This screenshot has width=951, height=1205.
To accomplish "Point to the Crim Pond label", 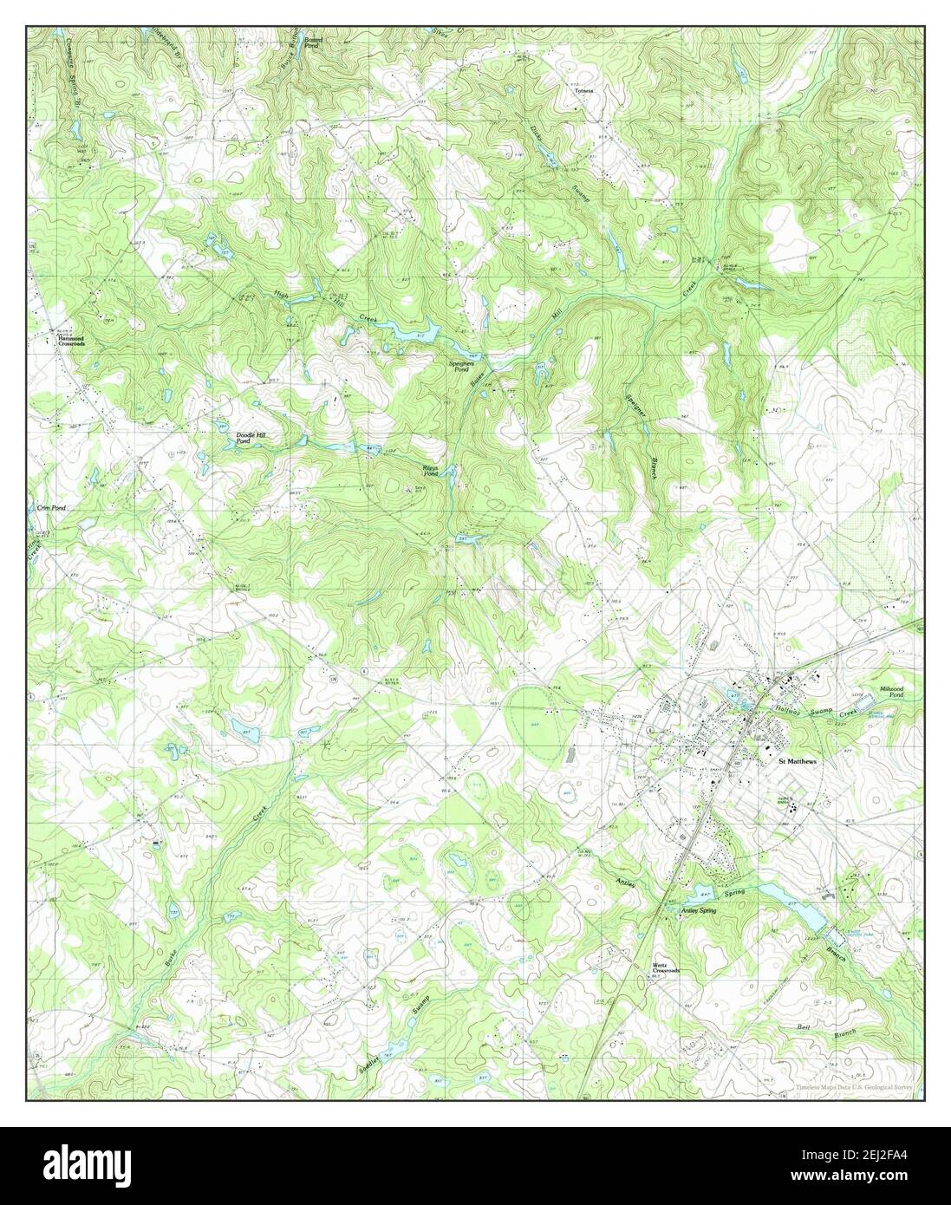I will (x=51, y=508).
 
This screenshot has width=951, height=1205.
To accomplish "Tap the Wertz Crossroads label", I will (x=666, y=968).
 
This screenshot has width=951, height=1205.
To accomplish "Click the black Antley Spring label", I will (x=700, y=911).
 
